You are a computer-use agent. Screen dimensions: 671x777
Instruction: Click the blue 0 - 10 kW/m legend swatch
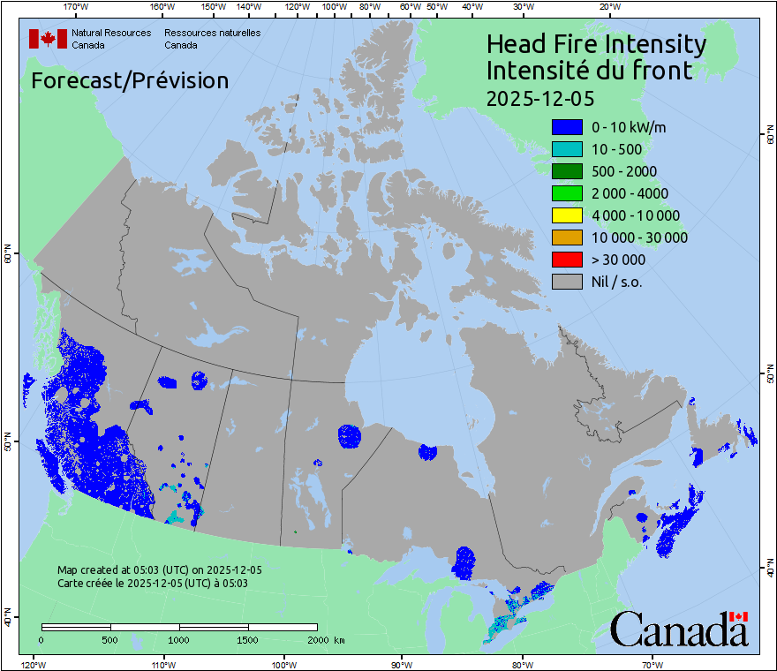point(566,127)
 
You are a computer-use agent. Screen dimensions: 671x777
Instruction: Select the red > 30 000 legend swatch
point(566,260)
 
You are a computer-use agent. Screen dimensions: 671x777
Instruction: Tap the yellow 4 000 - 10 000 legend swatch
point(566,215)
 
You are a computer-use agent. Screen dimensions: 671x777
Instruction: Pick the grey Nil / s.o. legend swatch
point(566,282)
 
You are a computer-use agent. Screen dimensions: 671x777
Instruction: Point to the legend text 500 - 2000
point(624,171)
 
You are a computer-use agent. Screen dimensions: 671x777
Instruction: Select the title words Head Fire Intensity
point(596,44)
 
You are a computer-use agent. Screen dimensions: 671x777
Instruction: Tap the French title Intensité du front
point(589,70)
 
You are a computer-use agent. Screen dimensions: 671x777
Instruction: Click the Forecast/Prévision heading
point(130,80)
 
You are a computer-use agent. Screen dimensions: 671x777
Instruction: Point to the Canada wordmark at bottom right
point(679,629)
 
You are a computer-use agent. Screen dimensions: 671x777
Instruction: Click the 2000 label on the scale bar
point(316,639)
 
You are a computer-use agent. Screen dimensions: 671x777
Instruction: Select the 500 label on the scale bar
point(110,639)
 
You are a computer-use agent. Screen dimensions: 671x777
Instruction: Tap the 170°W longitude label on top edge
point(77,7)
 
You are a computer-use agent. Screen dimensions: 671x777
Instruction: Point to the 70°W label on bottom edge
point(653,663)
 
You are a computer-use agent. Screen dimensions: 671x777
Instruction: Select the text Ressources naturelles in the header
point(212,34)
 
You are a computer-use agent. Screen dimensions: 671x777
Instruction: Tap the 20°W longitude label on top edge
point(607,7)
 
